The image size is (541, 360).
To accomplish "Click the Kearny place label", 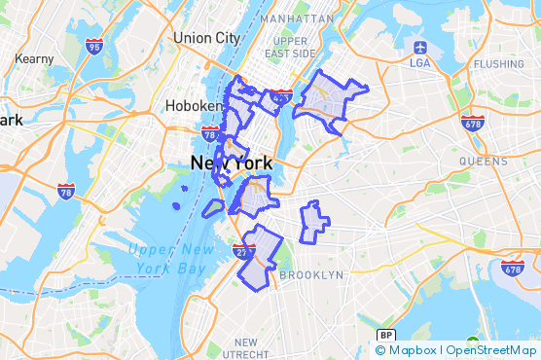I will (35, 58).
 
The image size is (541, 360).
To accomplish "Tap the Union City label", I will (205, 38).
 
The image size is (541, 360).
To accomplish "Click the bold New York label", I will (231, 163).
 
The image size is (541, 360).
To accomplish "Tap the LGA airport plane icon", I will (419, 46).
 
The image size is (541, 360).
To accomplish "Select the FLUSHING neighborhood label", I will (498, 64).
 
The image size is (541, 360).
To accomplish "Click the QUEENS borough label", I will (483, 162).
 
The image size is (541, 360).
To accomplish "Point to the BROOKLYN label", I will (311, 275).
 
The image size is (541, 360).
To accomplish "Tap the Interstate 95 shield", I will (93, 46).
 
